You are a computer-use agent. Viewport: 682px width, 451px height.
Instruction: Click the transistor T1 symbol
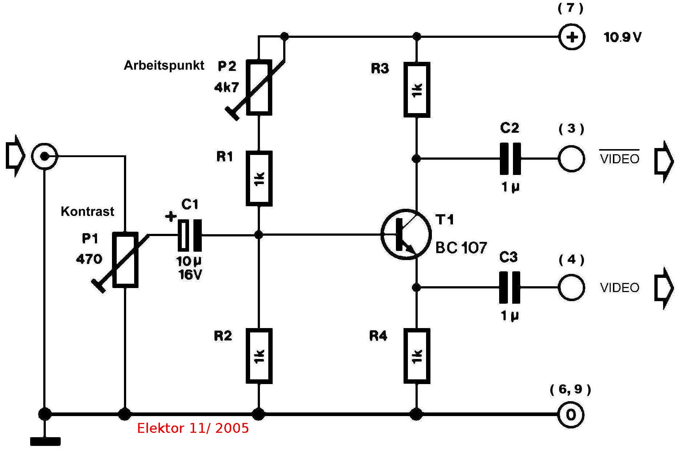406,234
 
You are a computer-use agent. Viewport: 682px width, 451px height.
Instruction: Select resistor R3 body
417,89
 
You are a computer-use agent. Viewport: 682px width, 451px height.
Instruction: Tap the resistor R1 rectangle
259,179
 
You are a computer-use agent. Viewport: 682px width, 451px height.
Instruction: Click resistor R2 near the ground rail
259,356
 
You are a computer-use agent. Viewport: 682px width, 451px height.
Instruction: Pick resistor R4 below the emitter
417,356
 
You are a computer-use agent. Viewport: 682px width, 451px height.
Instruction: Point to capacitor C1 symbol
190,235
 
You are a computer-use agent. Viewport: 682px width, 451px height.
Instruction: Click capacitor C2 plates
510,159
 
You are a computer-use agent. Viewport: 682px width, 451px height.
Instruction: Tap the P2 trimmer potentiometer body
259,88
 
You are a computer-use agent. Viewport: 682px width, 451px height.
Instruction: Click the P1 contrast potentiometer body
125,260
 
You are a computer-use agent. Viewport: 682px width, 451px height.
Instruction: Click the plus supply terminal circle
571,37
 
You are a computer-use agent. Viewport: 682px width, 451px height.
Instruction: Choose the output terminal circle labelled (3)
571,159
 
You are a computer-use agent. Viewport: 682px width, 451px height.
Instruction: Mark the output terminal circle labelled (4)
571,288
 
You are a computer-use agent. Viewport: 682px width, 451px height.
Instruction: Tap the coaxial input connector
44,157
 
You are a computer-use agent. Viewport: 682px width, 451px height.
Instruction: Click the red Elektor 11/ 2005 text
193,428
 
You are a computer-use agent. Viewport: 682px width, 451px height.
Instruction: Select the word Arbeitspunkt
164,65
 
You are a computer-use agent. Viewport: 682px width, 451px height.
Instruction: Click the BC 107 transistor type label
461,248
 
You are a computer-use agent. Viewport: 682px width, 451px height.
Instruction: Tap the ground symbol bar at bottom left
45,442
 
